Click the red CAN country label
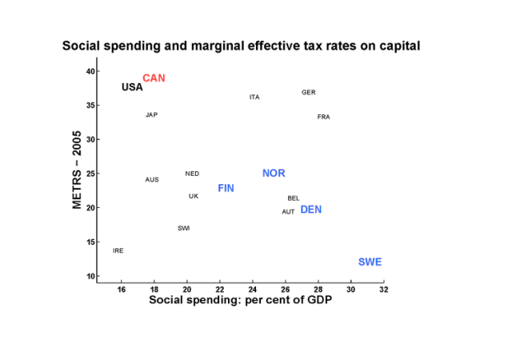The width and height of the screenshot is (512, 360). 154,78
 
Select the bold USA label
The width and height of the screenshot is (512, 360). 132,87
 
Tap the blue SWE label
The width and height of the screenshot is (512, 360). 370,262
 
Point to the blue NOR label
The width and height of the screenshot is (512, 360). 274,174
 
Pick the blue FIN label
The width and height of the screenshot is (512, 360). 226,188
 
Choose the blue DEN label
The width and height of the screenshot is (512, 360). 310,210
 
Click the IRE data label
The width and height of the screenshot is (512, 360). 118,251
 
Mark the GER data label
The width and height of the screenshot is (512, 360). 308,93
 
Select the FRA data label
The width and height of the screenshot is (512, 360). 323,117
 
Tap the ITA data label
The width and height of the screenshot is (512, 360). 254,98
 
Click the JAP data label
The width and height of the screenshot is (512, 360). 151,115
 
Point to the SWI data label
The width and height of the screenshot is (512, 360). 183,229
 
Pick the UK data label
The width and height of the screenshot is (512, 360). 194,196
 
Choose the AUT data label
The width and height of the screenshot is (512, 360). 288,212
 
